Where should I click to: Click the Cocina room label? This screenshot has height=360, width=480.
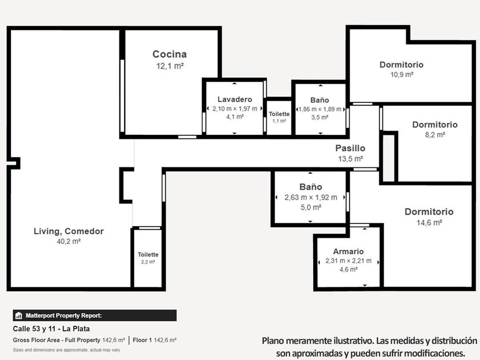point(170,54)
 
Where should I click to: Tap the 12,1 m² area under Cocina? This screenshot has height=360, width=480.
point(170,66)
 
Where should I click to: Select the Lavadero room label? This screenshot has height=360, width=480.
point(235,99)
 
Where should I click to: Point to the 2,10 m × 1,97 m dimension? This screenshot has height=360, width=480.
point(235,109)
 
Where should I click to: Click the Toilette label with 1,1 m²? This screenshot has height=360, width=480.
point(279,114)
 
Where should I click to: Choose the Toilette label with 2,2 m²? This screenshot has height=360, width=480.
point(148,254)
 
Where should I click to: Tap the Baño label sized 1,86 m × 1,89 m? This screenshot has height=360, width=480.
point(319,100)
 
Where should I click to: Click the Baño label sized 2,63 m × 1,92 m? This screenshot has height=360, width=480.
point(311,187)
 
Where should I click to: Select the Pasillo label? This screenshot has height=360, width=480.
point(350,148)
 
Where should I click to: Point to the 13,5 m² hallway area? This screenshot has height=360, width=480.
point(350,159)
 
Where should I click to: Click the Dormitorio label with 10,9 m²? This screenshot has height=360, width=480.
point(402,65)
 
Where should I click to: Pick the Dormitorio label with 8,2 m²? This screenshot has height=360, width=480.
point(435,125)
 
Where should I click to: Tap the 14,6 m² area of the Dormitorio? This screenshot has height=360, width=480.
point(429,222)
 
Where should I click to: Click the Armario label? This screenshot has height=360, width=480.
point(349,251)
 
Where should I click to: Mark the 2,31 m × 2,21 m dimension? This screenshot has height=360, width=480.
point(349,261)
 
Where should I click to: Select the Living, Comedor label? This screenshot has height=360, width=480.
point(69,231)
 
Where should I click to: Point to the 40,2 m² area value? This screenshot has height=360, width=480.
point(69,242)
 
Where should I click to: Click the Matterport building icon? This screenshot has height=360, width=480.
point(19,315)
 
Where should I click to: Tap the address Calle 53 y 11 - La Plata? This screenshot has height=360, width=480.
point(51,329)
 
